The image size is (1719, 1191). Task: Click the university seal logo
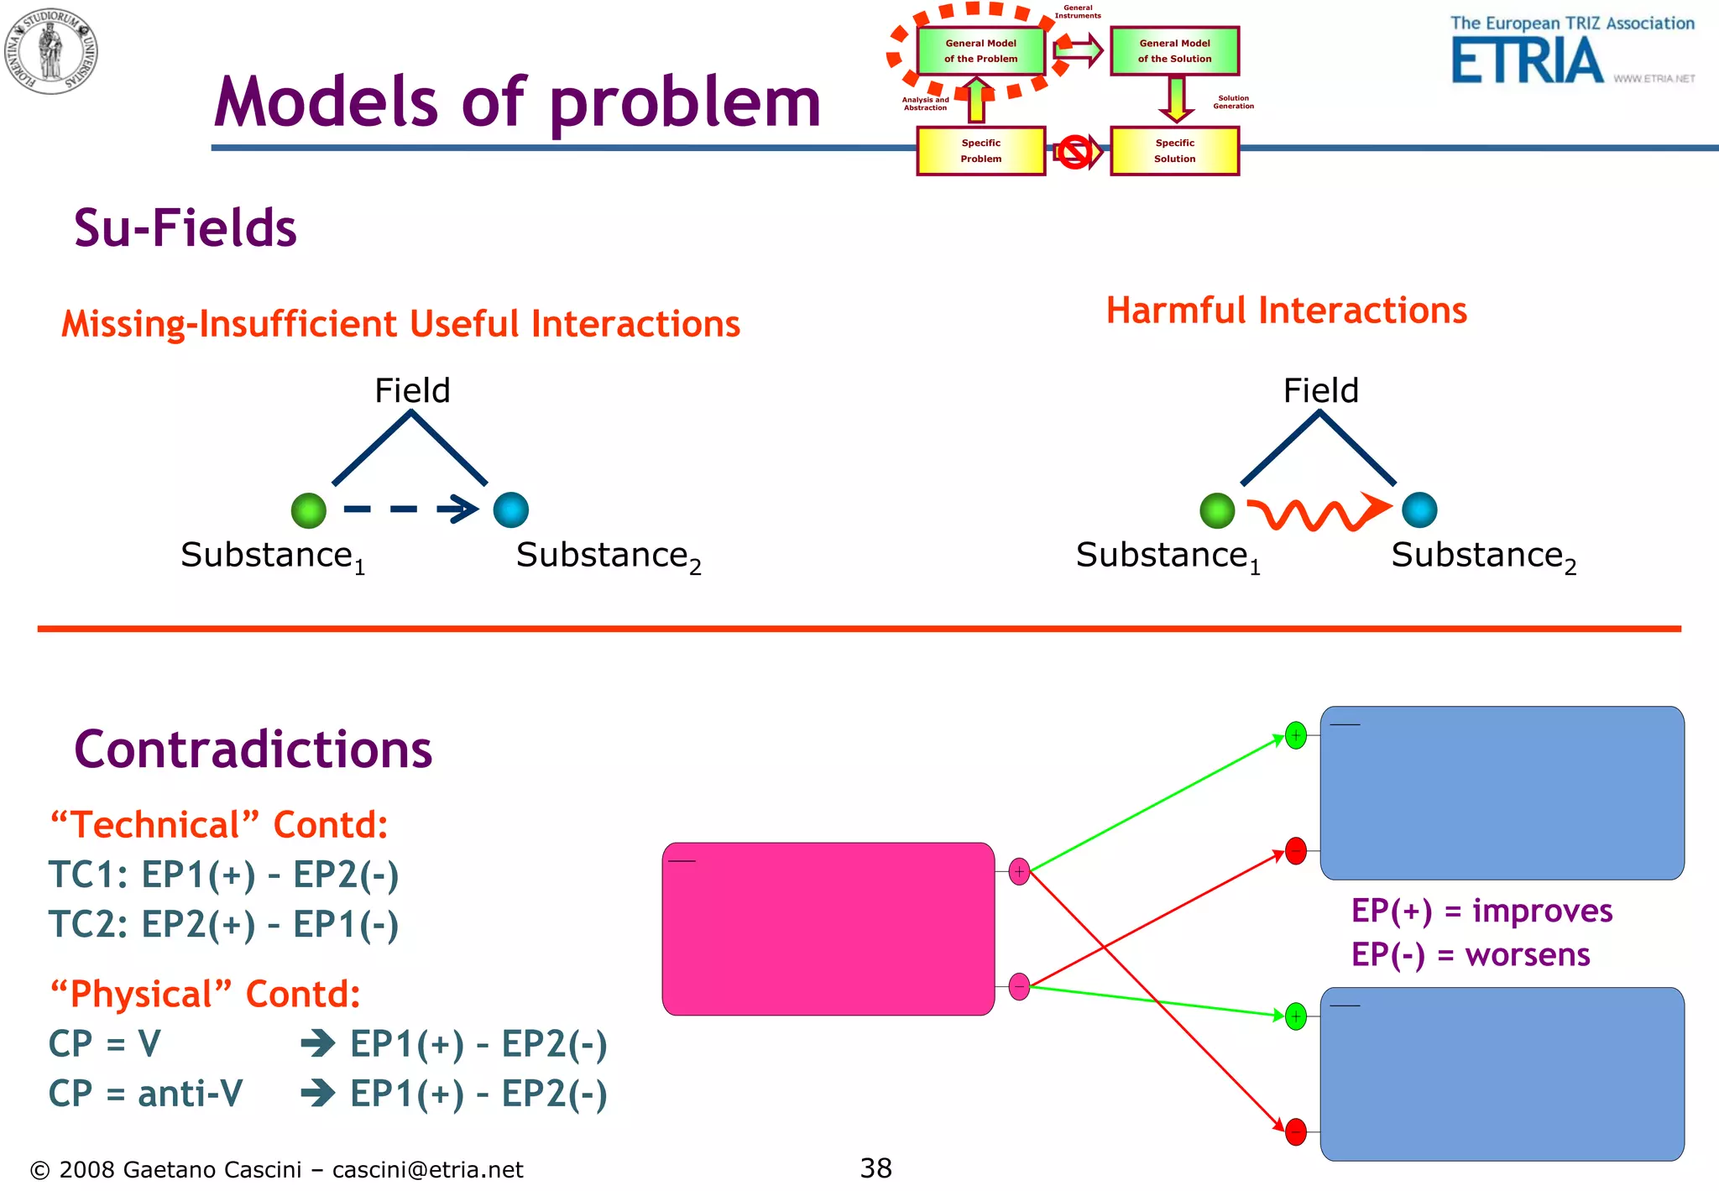(50, 50)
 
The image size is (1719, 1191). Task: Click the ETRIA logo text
(1528, 62)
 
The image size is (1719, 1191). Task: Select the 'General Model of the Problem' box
(980, 51)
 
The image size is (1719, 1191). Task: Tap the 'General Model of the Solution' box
(1174, 51)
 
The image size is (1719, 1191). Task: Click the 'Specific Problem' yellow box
(980, 151)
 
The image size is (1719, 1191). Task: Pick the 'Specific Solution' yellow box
(1174, 151)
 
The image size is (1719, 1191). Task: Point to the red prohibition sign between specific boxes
(1075, 152)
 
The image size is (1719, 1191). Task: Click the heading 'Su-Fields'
(185, 227)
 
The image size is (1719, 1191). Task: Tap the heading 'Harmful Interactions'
(1286, 311)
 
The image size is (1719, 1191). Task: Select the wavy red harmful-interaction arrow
(1318, 512)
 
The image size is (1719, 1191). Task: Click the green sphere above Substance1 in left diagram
(308, 510)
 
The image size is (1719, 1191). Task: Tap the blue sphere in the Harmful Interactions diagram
(1419, 509)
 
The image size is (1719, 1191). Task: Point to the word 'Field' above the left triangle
(412, 390)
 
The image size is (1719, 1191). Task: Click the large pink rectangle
(828, 929)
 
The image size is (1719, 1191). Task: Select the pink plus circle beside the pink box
(1019, 871)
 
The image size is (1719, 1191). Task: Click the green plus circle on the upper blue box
(1296, 735)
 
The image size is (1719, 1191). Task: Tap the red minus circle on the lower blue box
(1296, 1131)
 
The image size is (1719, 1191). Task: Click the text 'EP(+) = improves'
(1481, 911)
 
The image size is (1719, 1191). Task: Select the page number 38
(875, 1167)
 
